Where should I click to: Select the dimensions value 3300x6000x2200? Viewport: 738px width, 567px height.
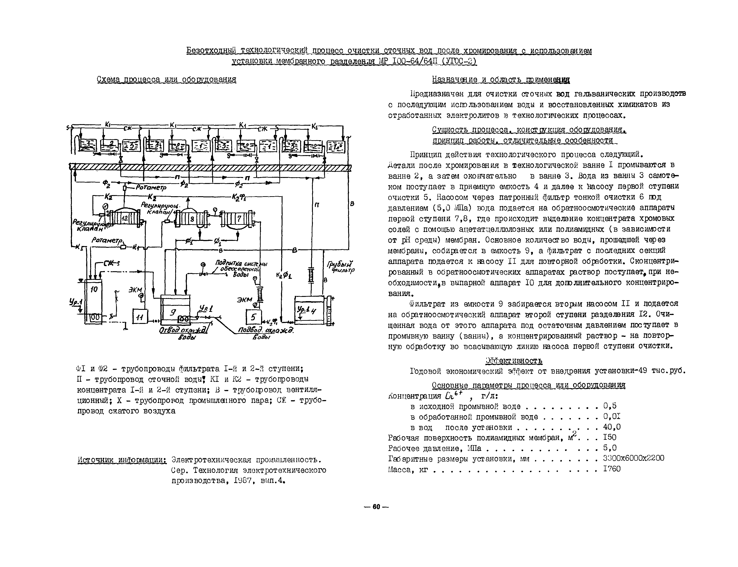coord(633,458)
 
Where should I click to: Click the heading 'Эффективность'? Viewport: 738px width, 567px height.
coord(513,361)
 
